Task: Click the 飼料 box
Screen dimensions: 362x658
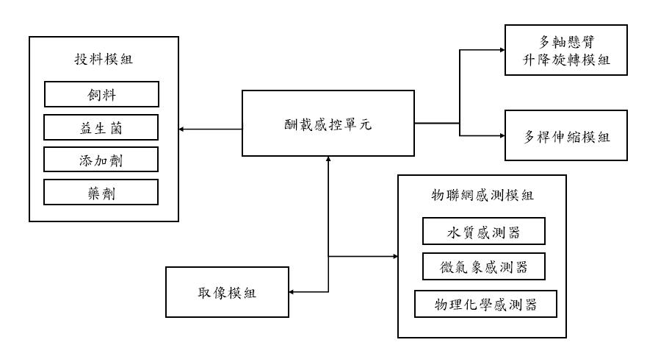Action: [x=101, y=93]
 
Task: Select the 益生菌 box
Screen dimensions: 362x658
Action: [x=101, y=127]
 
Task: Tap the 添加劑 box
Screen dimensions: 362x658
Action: [x=101, y=159]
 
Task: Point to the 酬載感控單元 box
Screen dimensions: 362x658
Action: [x=328, y=122]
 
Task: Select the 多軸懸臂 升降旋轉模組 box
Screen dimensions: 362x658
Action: [x=567, y=50]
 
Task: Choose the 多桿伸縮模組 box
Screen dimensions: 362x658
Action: [x=567, y=136]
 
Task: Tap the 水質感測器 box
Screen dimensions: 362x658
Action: [x=484, y=233]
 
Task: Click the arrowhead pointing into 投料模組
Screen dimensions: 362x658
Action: [x=181, y=130]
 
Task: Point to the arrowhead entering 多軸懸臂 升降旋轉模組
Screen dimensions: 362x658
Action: [x=501, y=50]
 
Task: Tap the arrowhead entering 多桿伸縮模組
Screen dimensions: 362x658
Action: [x=501, y=136]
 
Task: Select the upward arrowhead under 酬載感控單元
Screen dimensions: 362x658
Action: [x=328, y=160]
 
